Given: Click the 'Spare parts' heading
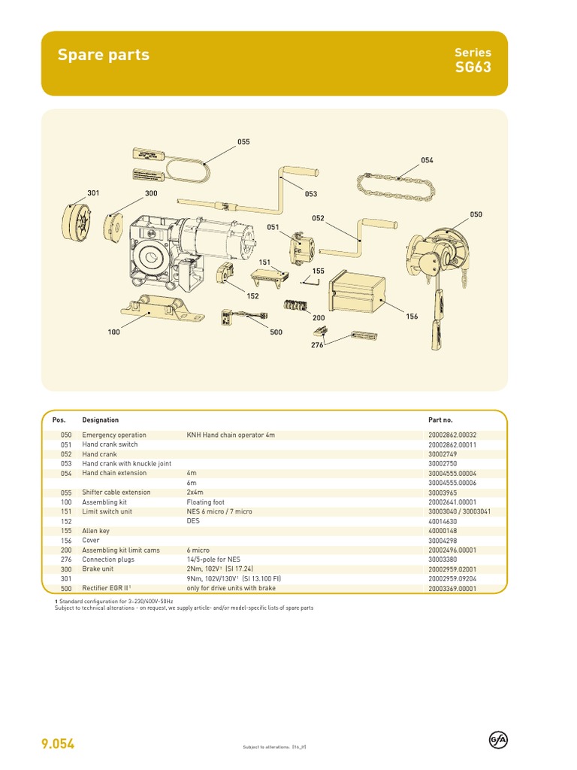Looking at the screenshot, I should (104, 55).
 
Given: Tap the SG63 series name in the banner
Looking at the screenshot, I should (473, 68).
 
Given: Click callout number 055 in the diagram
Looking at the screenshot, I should (243, 141).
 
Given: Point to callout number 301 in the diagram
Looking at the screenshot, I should (92, 193).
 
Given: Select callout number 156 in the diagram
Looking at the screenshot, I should (412, 317).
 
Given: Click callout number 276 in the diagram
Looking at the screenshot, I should (317, 344).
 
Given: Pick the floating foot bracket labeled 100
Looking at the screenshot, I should (159, 309).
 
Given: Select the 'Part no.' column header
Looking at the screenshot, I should (440, 420).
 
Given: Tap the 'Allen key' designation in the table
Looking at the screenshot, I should (96, 530).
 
